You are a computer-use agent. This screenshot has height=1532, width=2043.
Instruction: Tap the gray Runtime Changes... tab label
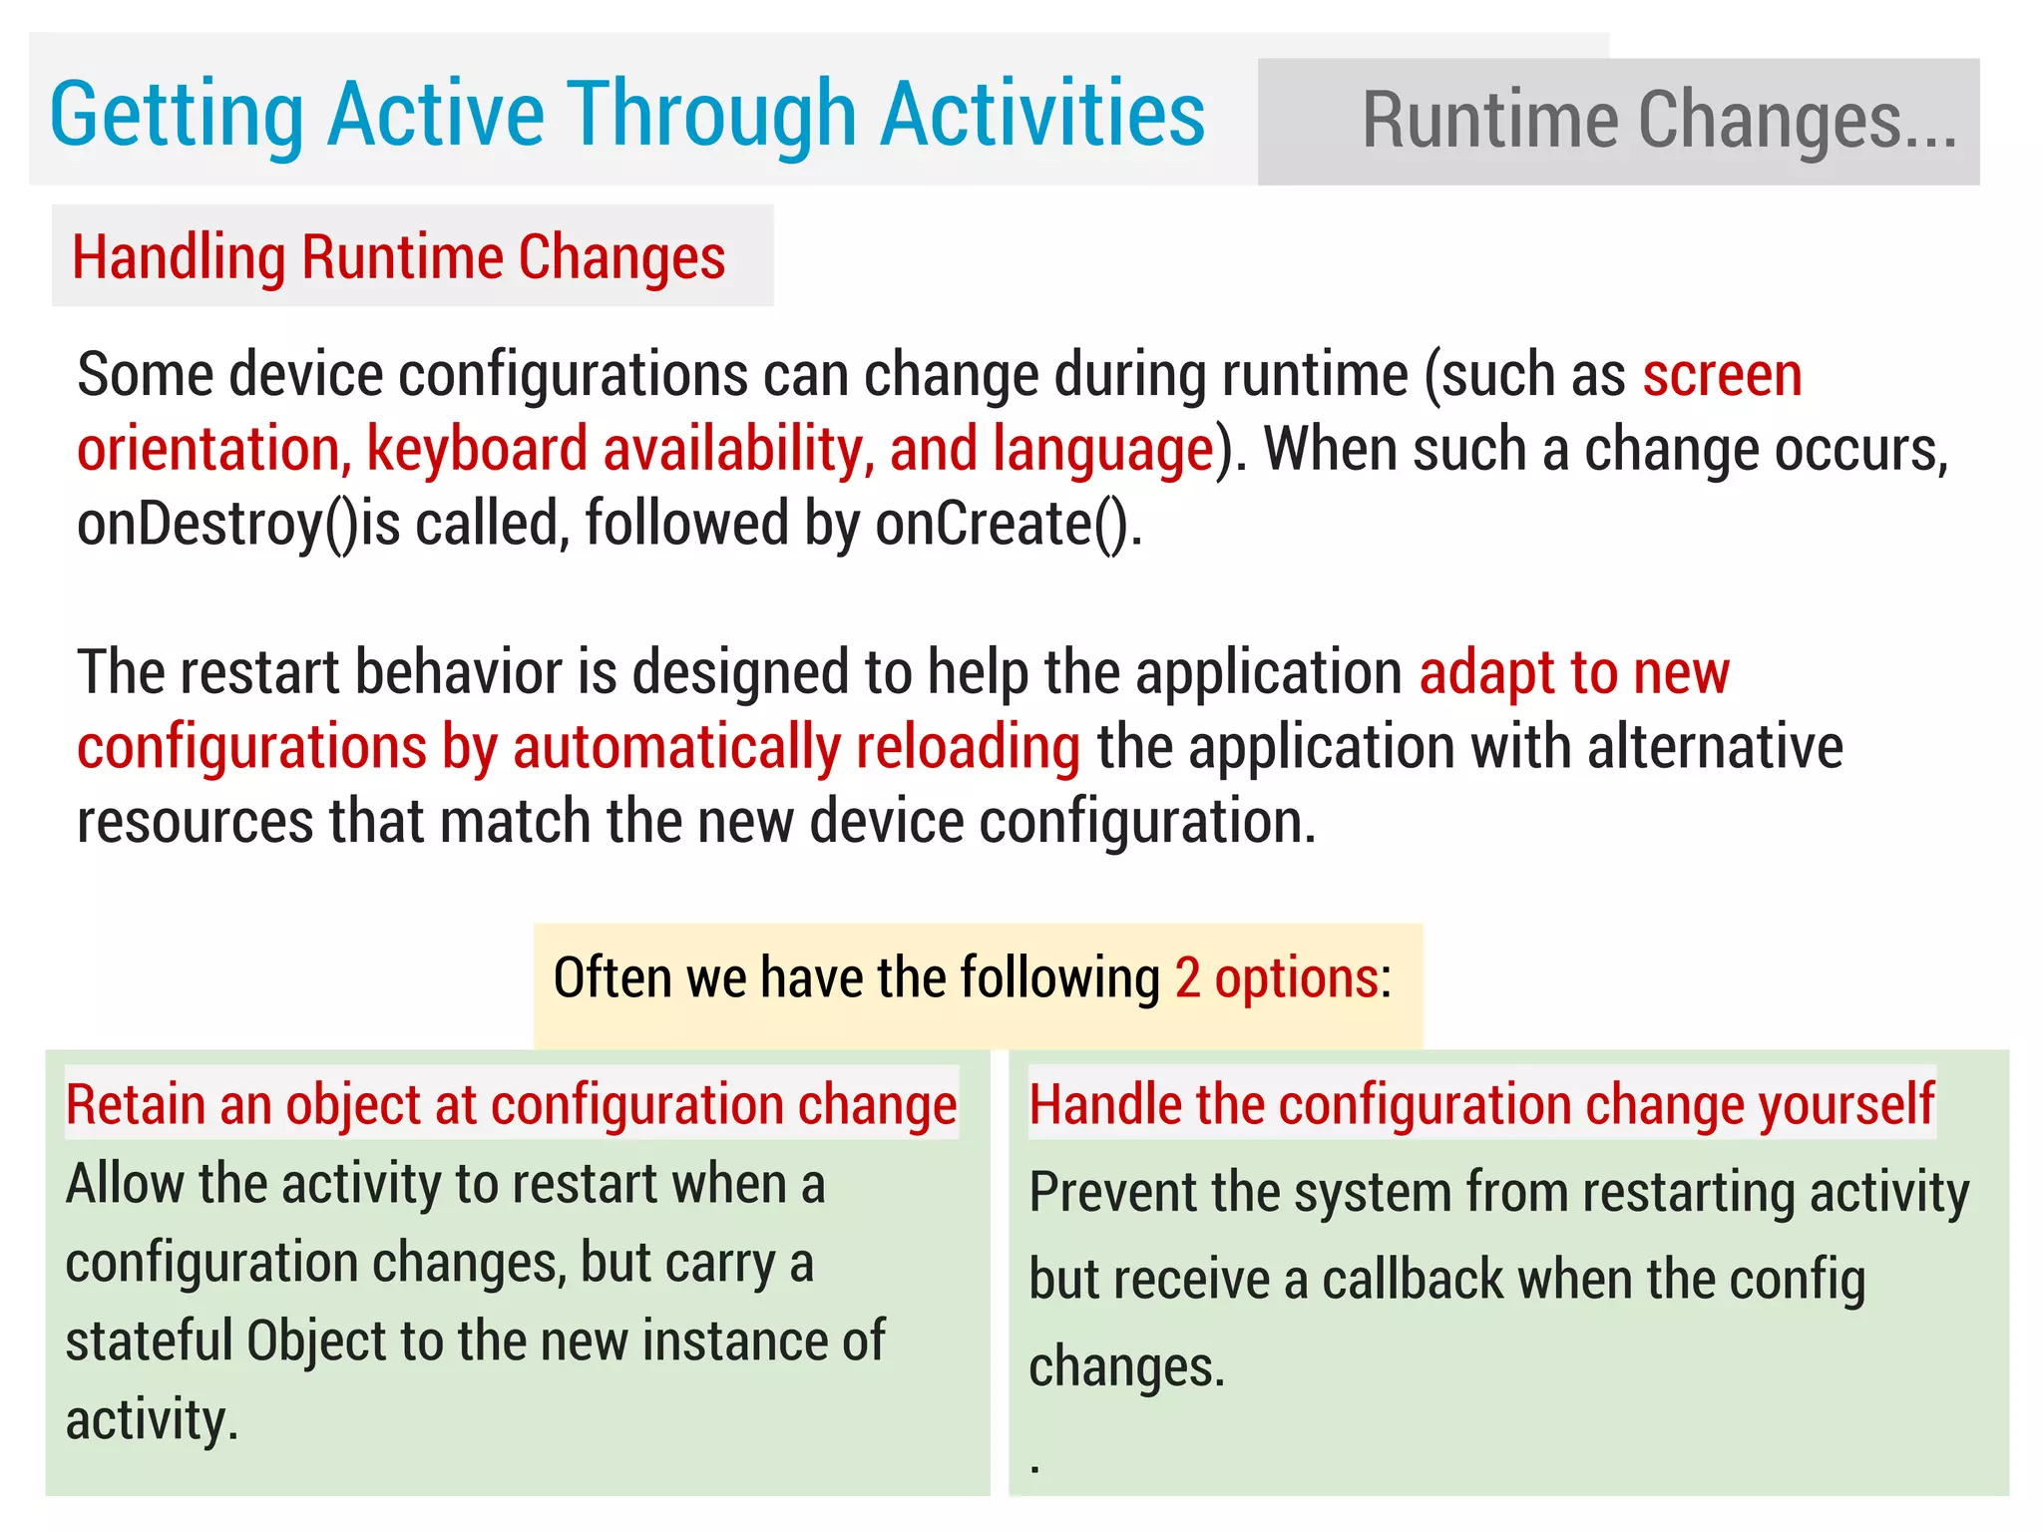[x=1659, y=122]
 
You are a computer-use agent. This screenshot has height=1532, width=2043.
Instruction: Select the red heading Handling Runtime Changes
[x=399, y=257]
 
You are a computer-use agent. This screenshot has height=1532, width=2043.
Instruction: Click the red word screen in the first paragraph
[x=1722, y=376]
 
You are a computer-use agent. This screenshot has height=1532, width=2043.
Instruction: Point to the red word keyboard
[x=477, y=450]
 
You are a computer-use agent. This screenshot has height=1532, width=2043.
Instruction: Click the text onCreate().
[x=1008, y=524]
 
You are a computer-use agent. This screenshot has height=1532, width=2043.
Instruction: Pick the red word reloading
[x=968, y=747]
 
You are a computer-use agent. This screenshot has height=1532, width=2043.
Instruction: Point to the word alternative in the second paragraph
[x=1715, y=747]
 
